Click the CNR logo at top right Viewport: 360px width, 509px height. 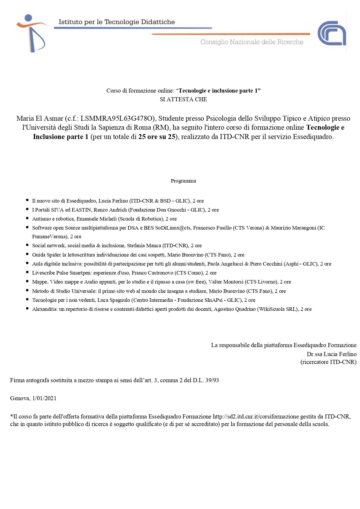(x=332, y=33)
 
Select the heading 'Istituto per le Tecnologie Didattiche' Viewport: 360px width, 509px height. (x=117, y=22)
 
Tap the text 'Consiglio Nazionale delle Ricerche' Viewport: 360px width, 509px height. (x=252, y=42)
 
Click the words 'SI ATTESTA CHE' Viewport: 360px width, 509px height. (x=183, y=99)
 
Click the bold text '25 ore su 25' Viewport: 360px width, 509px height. (x=157, y=137)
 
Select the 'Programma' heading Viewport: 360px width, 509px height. (x=183, y=181)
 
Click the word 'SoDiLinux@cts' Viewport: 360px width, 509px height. (x=173, y=228)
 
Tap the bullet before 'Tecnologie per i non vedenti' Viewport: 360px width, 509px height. (x=27, y=300)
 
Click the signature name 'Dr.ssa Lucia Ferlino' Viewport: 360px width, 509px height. (x=332, y=354)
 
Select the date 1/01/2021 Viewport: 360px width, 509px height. (x=44, y=398)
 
